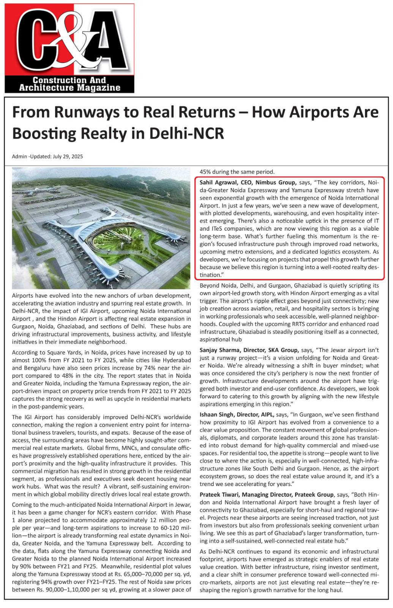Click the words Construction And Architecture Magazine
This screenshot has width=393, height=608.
coord(69,84)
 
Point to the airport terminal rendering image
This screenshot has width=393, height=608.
coord(101,228)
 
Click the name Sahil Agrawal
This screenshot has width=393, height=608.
coord(218,182)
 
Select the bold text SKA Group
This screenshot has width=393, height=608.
coord(283,350)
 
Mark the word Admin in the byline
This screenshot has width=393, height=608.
coord(19,157)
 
